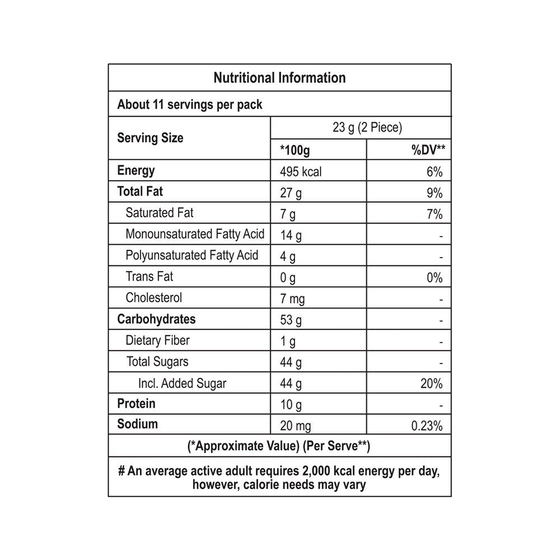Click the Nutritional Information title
(x=279, y=77)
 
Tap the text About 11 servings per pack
(x=190, y=104)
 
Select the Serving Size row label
(x=150, y=138)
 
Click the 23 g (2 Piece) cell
(x=367, y=128)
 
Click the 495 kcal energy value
(x=301, y=172)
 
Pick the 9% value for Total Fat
(x=434, y=193)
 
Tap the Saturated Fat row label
(x=160, y=213)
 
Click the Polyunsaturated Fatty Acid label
(x=192, y=255)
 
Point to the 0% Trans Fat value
(x=434, y=278)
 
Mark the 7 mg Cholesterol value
(x=292, y=299)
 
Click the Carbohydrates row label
(x=156, y=319)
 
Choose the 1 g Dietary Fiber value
(x=288, y=342)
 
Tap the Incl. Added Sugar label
(x=182, y=383)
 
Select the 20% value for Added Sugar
(x=432, y=384)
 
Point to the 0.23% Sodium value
(x=427, y=427)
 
